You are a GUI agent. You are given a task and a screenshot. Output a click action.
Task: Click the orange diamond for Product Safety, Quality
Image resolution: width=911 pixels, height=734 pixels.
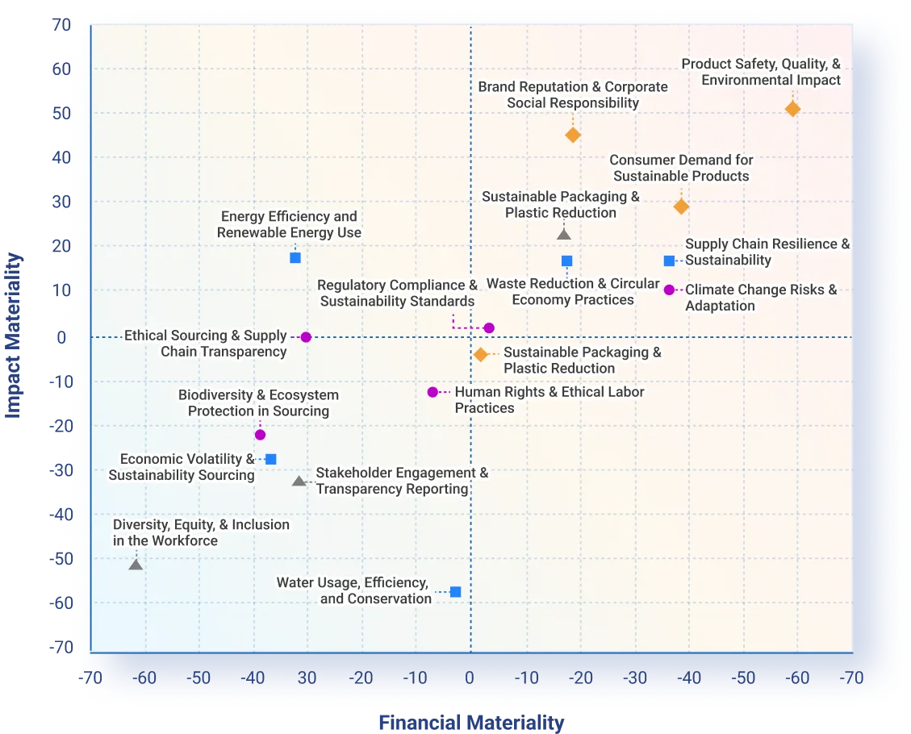pyautogui.click(x=792, y=109)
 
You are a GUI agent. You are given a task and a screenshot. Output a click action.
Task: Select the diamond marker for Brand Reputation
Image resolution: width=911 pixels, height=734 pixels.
pyautogui.click(x=573, y=135)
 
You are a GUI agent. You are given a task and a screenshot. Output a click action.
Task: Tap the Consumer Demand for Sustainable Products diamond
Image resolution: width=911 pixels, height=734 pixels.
pyautogui.click(x=681, y=206)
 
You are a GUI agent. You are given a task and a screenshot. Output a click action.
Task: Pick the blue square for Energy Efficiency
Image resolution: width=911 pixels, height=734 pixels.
pyautogui.click(x=295, y=257)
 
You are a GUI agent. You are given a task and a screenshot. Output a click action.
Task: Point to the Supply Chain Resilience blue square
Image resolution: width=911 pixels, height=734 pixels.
pyautogui.click(x=669, y=261)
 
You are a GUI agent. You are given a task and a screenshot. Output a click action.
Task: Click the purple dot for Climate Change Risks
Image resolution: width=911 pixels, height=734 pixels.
pyautogui.click(x=669, y=290)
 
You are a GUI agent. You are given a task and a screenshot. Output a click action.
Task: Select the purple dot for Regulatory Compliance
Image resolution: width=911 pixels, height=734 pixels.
pyautogui.click(x=489, y=327)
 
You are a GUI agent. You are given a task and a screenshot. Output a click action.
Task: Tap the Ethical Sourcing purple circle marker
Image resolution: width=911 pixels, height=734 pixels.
pyautogui.click(x=306, y=337)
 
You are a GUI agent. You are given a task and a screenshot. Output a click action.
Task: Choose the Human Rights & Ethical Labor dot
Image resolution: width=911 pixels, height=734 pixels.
pyautogui.click(x=433, y=392)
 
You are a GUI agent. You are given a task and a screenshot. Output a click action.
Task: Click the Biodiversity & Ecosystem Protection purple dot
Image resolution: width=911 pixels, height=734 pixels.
pyautogui.click(x=260, y=435)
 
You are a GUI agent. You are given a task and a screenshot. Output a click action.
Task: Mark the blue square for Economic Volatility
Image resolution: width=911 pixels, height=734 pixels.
pyautogui.click(x=271, y=459)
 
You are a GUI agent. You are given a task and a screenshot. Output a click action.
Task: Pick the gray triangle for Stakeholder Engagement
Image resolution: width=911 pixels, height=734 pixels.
pyautogui.click(x=299, y=482)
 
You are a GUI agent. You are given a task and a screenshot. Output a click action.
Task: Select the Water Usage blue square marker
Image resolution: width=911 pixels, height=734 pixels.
pyautogui.click(x=456, y=592)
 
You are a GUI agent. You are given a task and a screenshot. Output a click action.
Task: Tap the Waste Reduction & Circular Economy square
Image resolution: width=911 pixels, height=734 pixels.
pyautogui.click(x=566, y=261)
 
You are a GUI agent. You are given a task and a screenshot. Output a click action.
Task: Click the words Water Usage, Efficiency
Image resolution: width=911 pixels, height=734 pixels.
pyautogui.click(x=352, y=582)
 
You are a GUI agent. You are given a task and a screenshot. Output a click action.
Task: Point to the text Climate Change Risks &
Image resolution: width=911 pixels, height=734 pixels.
pyautogui.click(x=761, y=290)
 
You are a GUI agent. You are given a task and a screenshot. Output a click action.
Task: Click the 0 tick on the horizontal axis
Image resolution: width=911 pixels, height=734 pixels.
pyautogui.click(x=470, y=678)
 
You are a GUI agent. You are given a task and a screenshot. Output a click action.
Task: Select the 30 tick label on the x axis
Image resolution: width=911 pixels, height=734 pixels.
pyautogui.click(x=307, y=678)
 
